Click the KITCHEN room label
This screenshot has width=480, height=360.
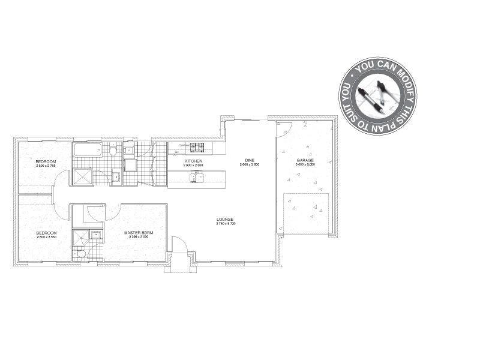pyautogui.click(x=193, y=161)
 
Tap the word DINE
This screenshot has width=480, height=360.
pyautogui.click(x=249, y=160)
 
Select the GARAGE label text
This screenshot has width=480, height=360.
pyautogui.click(x=305, y=161)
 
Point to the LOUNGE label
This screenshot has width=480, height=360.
pyautogui.click(x=225, y=219)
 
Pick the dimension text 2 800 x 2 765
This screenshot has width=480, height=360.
pyautogui.click(x=46, y=166)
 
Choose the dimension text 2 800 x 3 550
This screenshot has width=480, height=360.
pyautogui.click(x=46, y=237)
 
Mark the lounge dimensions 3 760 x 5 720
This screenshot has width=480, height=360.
pyautogui.click(x=225, y=224)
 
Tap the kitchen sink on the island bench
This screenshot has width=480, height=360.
pyautogui.click(x=195, y=176)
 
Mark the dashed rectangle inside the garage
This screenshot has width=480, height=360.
pyautogui.click(x=306, y=213)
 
